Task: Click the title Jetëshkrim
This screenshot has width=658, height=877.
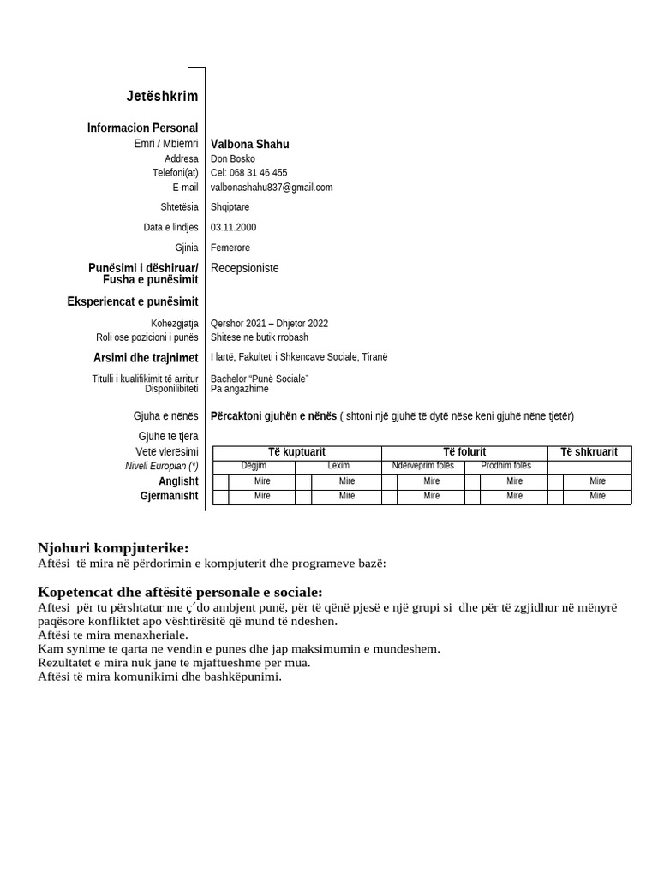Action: click(162, 97)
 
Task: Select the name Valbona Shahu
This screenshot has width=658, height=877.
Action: click(249, 144)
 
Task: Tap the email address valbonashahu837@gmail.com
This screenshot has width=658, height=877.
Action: click(272, 187)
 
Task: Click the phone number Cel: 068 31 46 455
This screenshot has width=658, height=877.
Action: click(248, 172)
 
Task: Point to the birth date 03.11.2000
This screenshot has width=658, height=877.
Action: click(233, 227)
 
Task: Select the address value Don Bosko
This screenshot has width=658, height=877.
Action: click(232, 158)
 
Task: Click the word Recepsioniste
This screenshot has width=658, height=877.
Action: click(244, 268)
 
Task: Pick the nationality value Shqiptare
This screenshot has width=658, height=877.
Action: click(230, 206)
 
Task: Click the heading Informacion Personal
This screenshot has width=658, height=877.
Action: click(142, 128)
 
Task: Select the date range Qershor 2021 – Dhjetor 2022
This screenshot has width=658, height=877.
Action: click(269, 323)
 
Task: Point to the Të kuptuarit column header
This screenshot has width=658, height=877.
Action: click(296, 452)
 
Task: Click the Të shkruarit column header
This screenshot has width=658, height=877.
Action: click(589, 452)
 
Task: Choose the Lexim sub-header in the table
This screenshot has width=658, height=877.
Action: click(338, 466)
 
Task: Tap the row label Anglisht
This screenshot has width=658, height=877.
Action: click(178, 481)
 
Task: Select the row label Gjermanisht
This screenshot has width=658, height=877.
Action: click(169, 496)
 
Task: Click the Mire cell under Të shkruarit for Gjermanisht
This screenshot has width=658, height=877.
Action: click(597, 496)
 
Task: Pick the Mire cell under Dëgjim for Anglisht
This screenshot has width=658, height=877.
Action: click(262, 481)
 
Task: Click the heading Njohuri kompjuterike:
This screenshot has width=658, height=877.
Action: click(113, 548)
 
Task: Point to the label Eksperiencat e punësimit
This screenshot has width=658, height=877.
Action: click(133, 301)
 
